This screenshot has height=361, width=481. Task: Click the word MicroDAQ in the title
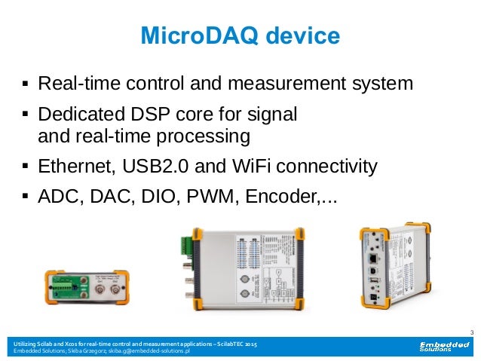point(188,35)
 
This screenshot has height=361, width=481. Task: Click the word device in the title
point(300,35)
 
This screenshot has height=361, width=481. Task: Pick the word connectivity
point(326,166)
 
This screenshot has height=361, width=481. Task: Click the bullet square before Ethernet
point(26,163)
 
